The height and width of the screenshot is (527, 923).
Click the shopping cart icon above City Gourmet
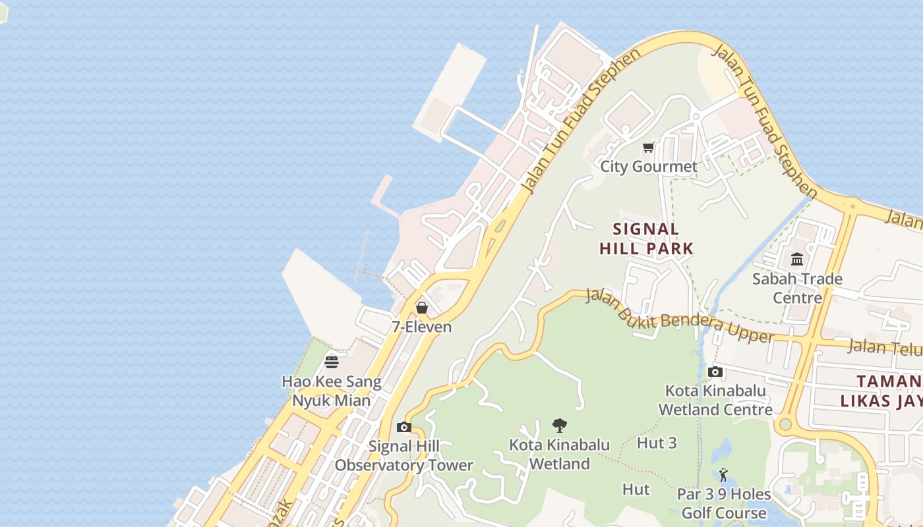[x=649, y=148]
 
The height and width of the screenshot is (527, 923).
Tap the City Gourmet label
[x=649, y=167]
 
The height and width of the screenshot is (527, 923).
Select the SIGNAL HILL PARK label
[x=646, y=238]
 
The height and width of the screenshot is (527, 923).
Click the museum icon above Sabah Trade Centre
[x=797, y=259]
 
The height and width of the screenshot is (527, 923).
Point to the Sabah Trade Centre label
[x=797, y=288]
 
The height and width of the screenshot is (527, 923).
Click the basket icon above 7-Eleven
[x=422, y=308]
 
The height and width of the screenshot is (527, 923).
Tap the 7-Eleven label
[x=422, y=327]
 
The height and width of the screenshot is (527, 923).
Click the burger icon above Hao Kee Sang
[x=332, y=362]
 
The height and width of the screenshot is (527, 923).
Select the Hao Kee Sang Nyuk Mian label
[x=332, y=391]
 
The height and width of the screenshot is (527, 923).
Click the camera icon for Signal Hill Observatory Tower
[x=404, y=427]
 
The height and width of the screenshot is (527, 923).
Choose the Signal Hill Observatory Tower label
[x=403, y=456]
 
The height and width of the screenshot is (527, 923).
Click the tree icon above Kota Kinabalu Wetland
[x=560, y=425]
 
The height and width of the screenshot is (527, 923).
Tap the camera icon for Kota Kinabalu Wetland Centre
[x=715, y=372]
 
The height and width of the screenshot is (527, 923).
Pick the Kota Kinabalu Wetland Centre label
[x=715, y=400]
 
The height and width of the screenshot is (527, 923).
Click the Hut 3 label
[x=657, y=443]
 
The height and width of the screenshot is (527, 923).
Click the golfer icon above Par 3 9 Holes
[x=723, y=474]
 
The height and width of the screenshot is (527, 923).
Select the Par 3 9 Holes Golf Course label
[x=724, y=503]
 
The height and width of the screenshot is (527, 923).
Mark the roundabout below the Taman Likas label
[x=785, y=424]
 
